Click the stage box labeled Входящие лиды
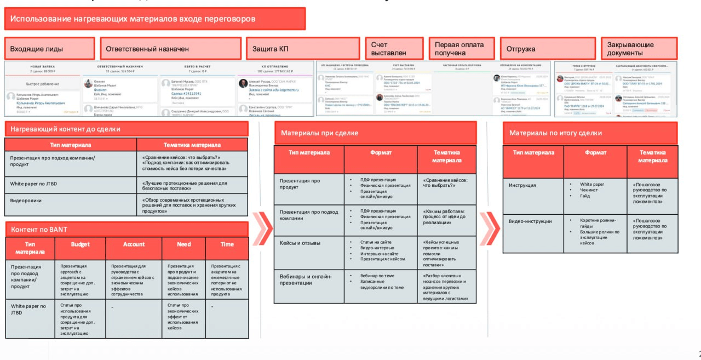click(49, 49)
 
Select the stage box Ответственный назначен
click(170, 49)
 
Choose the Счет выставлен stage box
click(394, 49)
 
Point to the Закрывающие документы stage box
click(639, 49)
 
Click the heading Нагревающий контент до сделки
click(126, 129)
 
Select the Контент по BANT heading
click(126, 229)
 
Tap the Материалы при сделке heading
click(375, 133)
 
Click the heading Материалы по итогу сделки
click(590, 133)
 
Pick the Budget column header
click(81, 244)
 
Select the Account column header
click(134, 244)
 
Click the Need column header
click(183, 244)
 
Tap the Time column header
click(227, 244)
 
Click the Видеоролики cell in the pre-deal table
click(71, 204)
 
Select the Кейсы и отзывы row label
click(309, 243)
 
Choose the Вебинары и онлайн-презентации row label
click(309, 279)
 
